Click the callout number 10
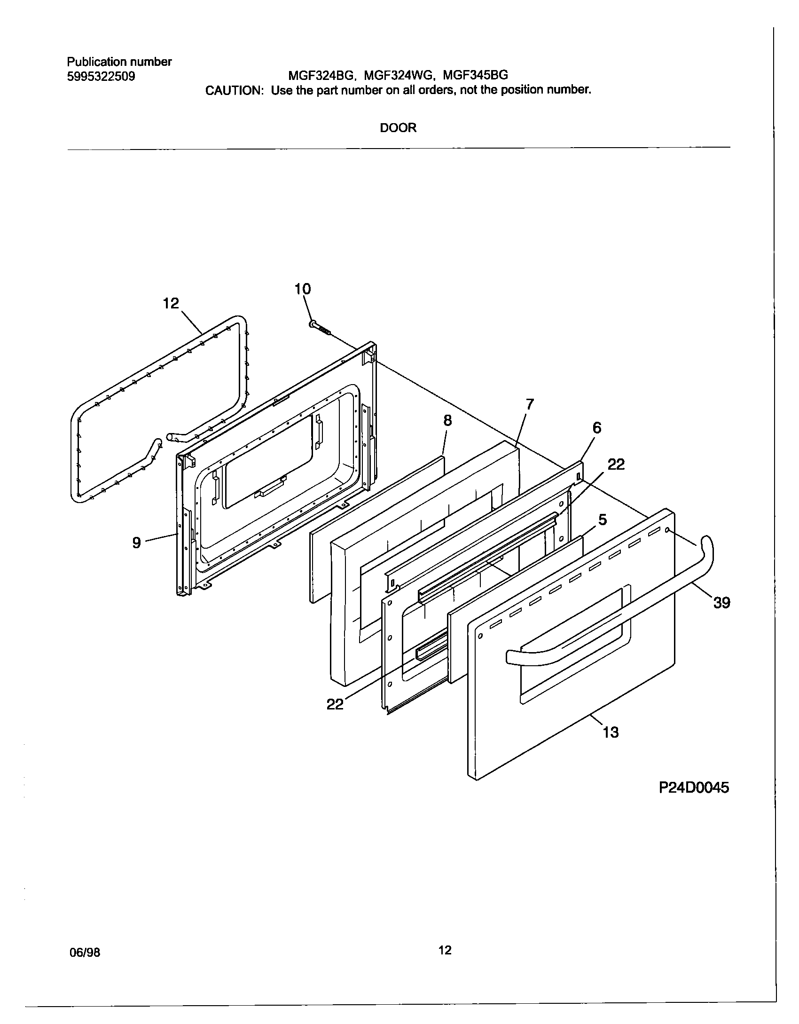[303, 289]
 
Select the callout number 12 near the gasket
[171, 303]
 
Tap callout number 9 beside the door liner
[136, 543]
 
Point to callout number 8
[447, 420]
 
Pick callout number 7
[530, 404]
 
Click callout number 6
[597, 427]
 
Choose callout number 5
[603, 520]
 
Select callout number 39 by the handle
[722, 602]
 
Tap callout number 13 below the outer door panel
[611, 732]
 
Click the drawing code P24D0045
[694, 788]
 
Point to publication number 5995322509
[101, 76]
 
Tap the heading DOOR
[398, 128]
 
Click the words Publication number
[119, 62]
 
